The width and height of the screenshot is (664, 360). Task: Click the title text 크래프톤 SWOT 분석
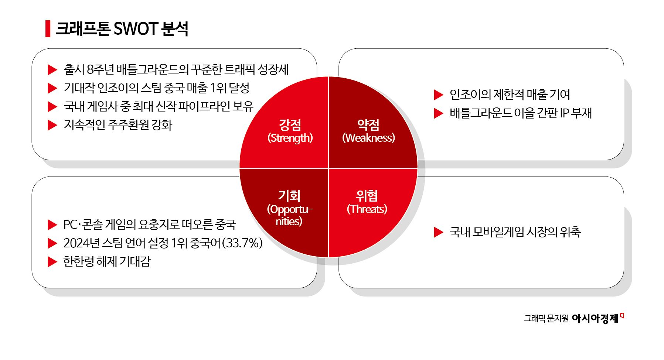(122, 29)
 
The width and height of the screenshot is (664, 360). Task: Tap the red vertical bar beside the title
(48, 29)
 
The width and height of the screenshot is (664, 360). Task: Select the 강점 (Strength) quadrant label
(290, 131)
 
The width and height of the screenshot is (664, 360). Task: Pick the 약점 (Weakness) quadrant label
(368, 131)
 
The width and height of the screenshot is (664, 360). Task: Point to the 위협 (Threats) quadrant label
(367, 202)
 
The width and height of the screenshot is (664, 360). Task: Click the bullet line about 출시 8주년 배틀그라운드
(176, 69)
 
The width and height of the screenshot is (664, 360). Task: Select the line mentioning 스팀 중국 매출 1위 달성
(156, 88)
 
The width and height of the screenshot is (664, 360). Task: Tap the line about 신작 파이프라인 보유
(158, 106)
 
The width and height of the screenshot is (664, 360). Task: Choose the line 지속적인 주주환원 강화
(118, 125)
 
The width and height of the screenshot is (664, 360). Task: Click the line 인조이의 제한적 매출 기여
(510, 95)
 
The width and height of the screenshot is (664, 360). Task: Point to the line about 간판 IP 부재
(521, 113)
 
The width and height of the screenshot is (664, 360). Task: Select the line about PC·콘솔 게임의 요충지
(149, 224)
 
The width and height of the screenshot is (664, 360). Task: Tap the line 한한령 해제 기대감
(107, 261)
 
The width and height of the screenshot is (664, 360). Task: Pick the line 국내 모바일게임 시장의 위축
(515, 232)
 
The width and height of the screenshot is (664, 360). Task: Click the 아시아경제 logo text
(595, 318)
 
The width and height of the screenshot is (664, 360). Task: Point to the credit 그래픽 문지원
(546, 319)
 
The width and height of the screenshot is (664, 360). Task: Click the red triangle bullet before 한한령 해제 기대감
(52, 262)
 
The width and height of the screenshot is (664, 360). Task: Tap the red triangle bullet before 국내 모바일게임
(438, 232)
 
